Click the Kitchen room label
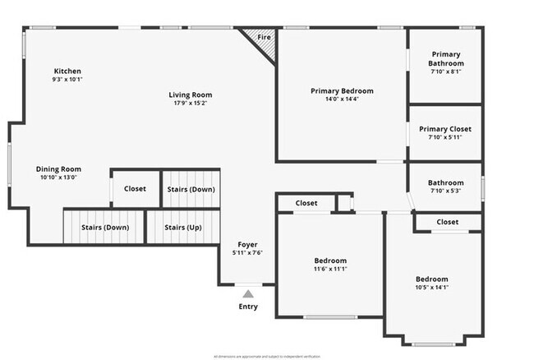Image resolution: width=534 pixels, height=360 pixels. tap(67, 71)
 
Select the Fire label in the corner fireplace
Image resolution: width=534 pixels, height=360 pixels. tap(264, 38)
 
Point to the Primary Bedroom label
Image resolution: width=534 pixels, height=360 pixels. tap(342, 90)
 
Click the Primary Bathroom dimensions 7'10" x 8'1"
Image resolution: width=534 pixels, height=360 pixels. tap(446, 72)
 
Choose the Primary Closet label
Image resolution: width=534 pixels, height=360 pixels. tap(445, 129)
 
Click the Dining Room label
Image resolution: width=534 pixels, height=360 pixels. tap(58, 169)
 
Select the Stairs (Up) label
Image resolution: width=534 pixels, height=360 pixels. tap(182, 228)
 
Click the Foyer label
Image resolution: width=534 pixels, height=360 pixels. tap(248, 245)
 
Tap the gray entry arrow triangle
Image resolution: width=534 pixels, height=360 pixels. tap(248, 292)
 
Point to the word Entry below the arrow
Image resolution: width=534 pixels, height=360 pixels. tap(248, 307)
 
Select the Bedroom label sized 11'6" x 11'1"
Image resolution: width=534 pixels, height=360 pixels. tap(330, 261)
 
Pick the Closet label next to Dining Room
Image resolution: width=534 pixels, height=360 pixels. tap(135, 189)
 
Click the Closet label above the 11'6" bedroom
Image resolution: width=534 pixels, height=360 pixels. tap(306, 203)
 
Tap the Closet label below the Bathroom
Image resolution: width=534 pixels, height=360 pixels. tap(448, 222)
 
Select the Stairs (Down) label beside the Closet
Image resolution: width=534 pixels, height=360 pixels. tap(191, 189)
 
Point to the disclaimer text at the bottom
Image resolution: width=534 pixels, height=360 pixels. tap(267, 355)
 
